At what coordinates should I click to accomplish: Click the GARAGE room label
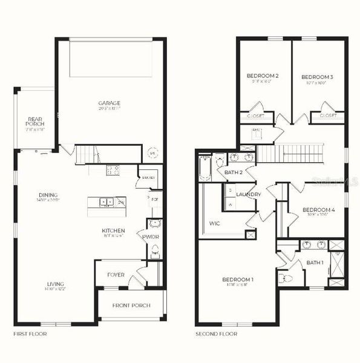pyautogui.click(x=110, y=103)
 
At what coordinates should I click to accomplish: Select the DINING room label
pyautogui.click(x=48, y=195)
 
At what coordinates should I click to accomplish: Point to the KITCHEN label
pyautogui.click(x=113, y=231)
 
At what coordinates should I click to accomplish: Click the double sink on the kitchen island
pyautogui.click(x=105, y=202)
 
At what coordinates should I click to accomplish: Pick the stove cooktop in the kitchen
pyautogui.click(x=113, y=170)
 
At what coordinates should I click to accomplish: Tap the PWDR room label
pyautogui.click(x=150, y=237)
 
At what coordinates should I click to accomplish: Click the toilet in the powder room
pyautogui.click(x=155, y=250)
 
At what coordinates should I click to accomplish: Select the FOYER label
pyautogui.click(x=116, y=275)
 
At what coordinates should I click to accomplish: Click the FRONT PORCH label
pyautogui.click(x=131, y=305)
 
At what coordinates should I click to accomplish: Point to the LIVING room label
pyautogui.click(x=56, y=284)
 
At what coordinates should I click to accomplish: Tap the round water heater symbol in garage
pyautogui.click(x=152, y=154)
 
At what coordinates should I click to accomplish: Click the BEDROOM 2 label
pyautogui.click(x=263, y=76)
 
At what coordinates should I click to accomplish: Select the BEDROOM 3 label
pyautogui.click(x=317, y=77)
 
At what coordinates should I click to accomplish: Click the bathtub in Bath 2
pyautogui.click(x=204, y=168)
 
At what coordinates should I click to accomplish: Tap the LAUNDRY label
pyautogui.click(x=248, y=194)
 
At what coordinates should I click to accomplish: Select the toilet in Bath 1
pyautogui.click(x=286, y=278)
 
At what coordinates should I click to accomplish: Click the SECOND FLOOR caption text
pyautogui.click(x=216, y=333)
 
